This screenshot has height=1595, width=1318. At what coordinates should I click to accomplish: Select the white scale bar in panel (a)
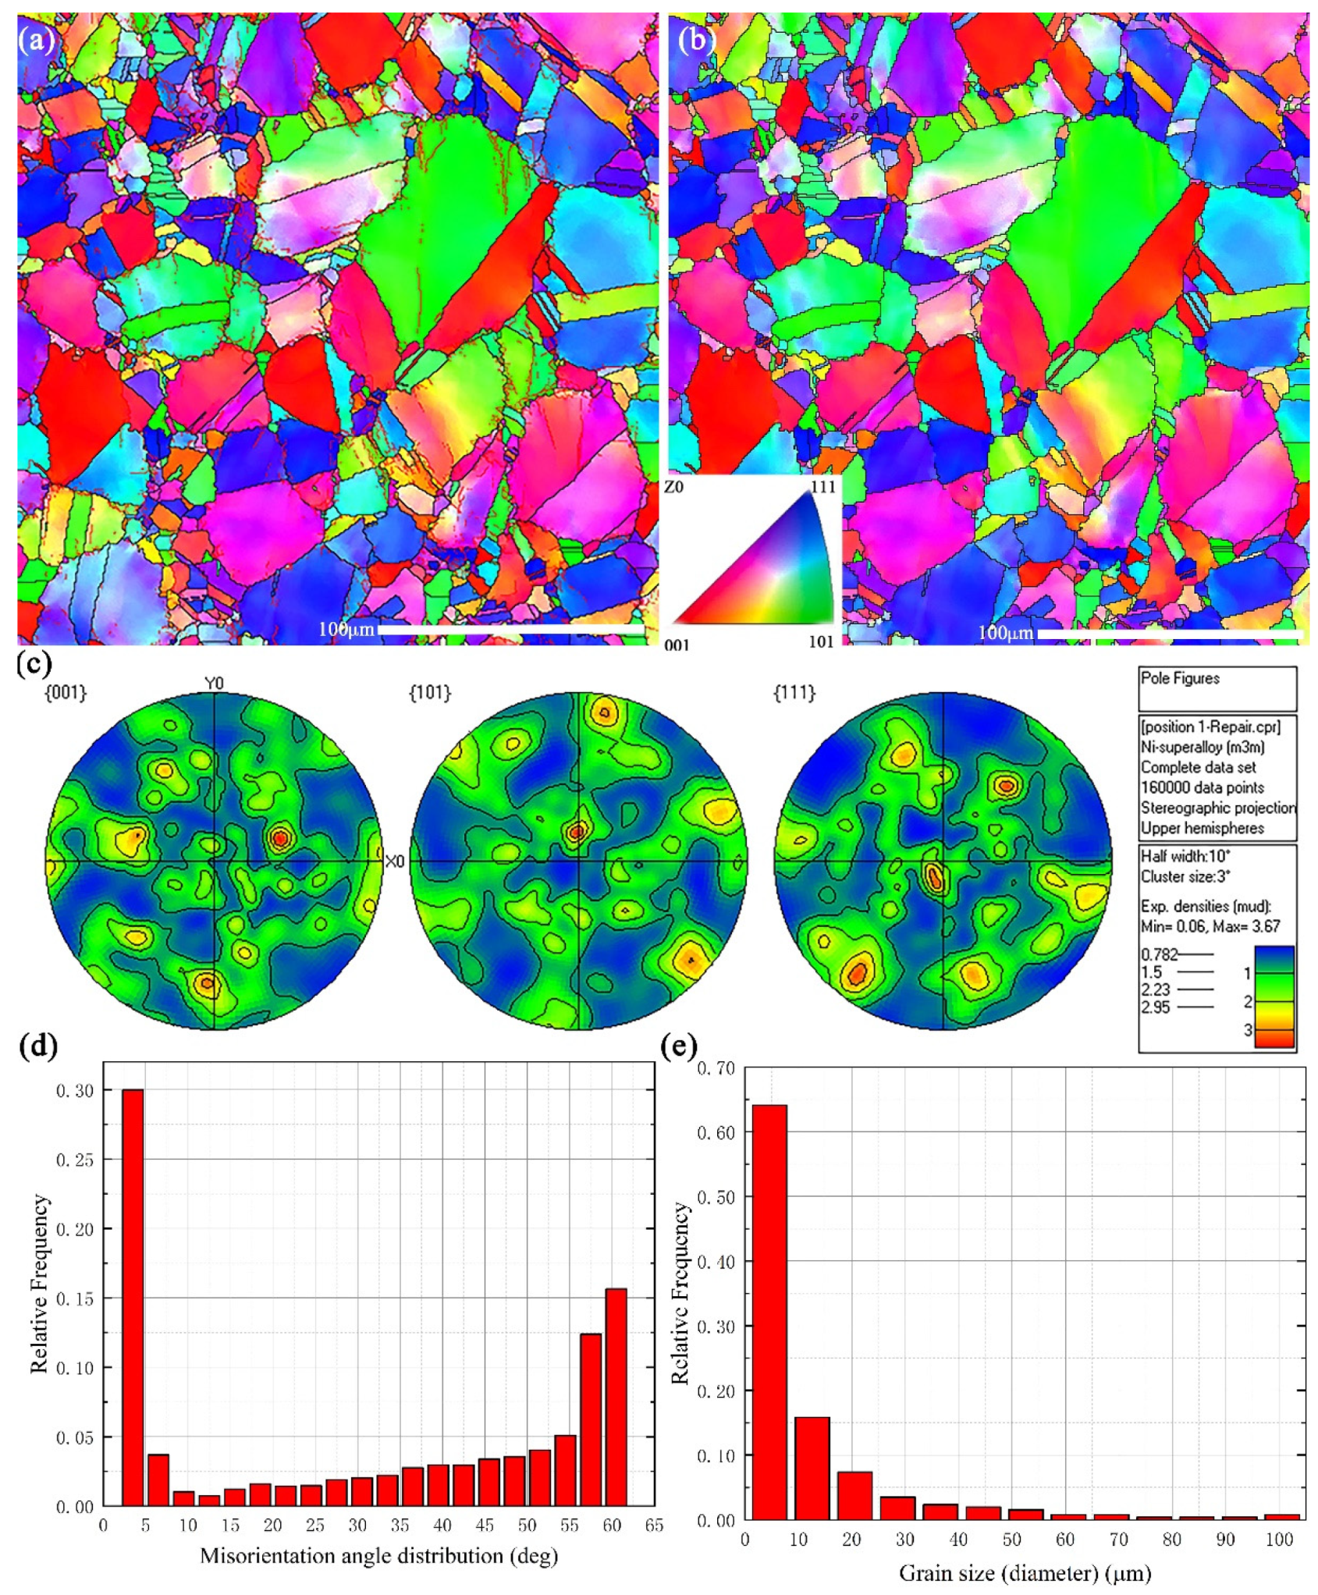pyautogui.click(x=511, y=629)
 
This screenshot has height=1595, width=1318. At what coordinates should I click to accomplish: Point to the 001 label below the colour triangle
pyautogui.click(x=677, y=645)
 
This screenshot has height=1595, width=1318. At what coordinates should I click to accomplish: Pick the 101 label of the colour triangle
pyautogui.click(x=821, y=641)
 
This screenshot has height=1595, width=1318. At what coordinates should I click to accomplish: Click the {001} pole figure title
pyautogui.click(x=66, y=692)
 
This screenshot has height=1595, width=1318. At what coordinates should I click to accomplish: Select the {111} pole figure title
pyautogui.click(x=794, y=692)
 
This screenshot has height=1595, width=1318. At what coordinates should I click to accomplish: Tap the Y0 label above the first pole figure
pyautogui.click(x=214, y=684)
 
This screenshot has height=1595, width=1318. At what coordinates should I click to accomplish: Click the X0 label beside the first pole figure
pyautogui.click(x=396, y=861)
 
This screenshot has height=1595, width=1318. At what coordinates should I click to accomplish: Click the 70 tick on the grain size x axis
pyautogui.click(x=1118, y=1540)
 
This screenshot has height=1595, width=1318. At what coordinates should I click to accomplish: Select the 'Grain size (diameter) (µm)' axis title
pyautogui.click(x=1025, y=1573)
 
